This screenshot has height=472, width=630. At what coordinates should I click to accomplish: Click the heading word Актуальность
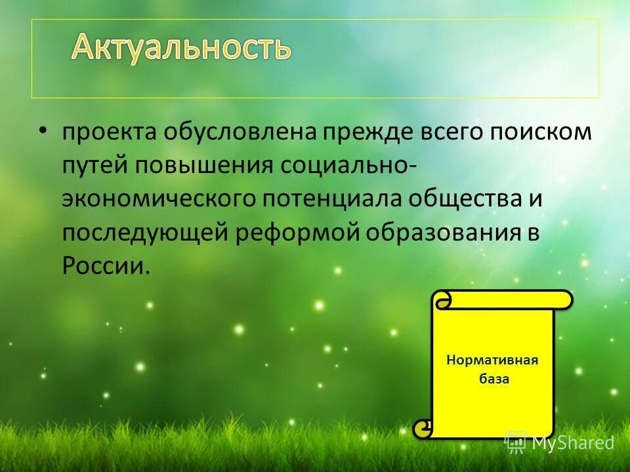pyautogui.click(x=180, y=47)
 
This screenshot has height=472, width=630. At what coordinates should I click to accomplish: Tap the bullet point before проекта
pyautogui.click(x=43, y=131)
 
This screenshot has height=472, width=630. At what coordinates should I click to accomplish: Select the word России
pyautogui.click(x=102, y=266)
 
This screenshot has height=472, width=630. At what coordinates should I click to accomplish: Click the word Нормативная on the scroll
pyautogui.click(x=492, y=360)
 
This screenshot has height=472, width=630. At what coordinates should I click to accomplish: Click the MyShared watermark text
pyautogui.click(x=572, y=443)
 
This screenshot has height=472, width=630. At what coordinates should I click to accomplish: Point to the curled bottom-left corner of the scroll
pyautogui.click(x=424, y=429)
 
